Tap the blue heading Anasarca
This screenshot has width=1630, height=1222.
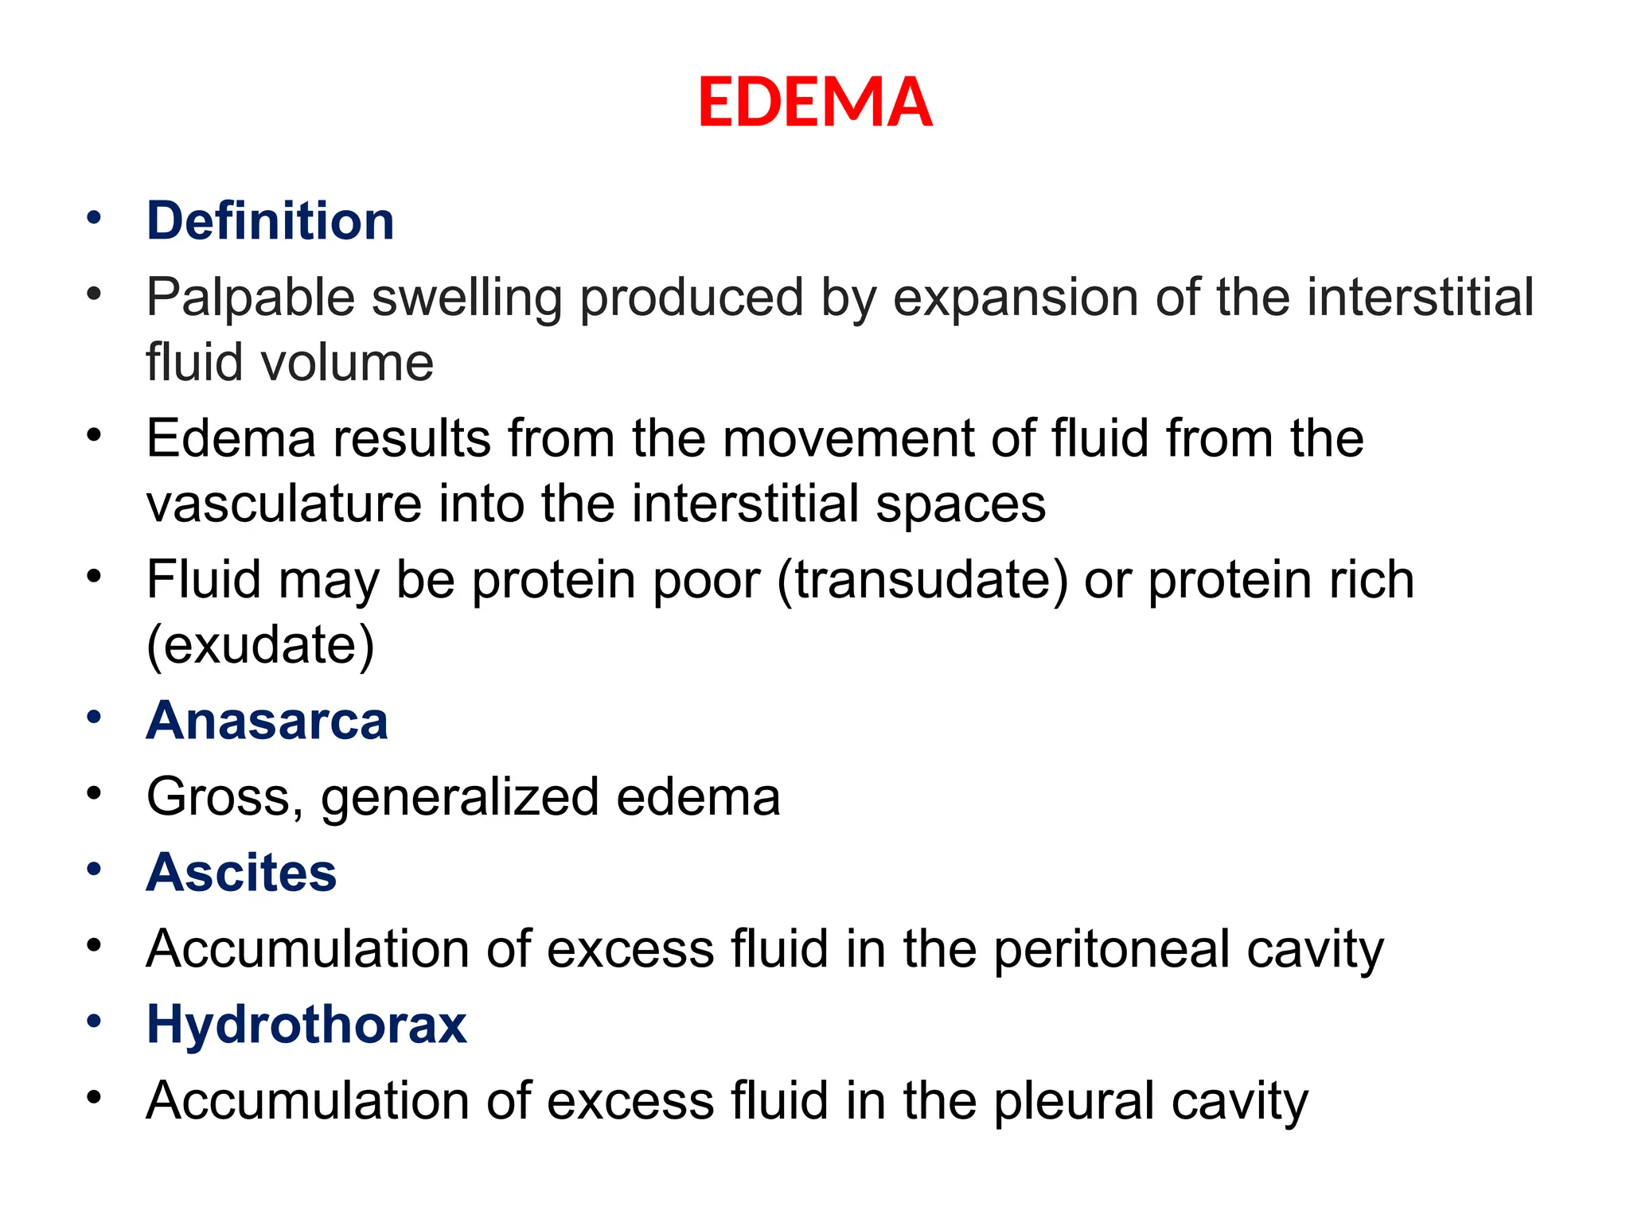click(x=267, y=721)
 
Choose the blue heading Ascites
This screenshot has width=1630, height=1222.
click(x=241, y=873)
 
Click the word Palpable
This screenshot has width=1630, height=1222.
click(x=250, y=298)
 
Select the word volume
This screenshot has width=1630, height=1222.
click(x=346, y=363)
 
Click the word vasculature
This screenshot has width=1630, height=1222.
click(x=284, y=504)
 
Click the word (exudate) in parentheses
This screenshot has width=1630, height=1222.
click(x=260, y=644)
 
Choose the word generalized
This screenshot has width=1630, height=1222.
click(x=460, y=797)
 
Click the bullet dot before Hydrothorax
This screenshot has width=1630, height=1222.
click(x=95, y=1021)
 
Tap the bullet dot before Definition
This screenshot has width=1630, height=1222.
click(x=95, y=217)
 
